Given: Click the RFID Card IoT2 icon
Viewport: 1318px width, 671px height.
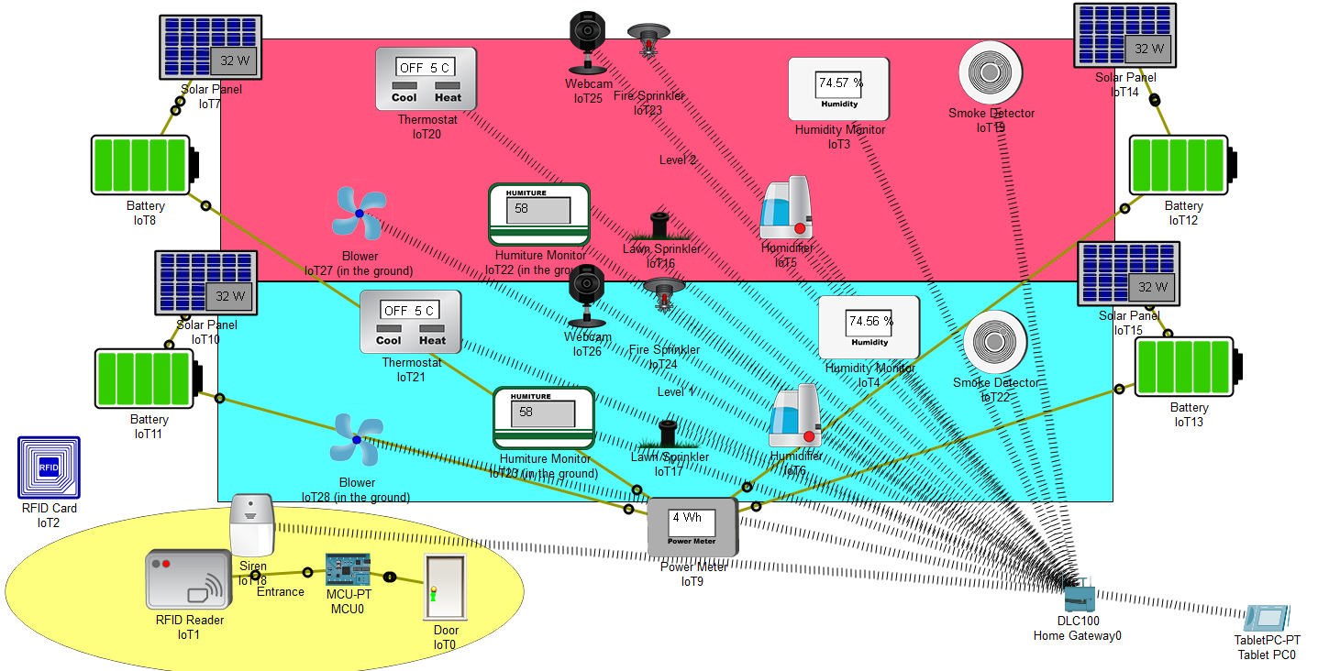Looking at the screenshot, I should pos(49,467).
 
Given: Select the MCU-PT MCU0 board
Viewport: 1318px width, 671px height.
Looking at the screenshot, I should pos(349,570).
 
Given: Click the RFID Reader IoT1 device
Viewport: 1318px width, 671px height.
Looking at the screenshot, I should pos(188,580).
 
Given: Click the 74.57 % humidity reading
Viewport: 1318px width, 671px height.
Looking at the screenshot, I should pos(840,82).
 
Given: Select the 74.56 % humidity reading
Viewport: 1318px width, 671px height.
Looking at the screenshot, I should pos(869,321).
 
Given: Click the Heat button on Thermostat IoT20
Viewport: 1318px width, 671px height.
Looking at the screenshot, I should pos(448,97).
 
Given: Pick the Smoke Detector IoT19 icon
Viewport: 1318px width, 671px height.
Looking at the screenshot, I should pos(991,72).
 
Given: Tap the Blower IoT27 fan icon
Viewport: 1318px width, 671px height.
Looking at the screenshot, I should pos(358,213).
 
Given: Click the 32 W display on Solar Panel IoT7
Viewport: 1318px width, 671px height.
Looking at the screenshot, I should pos(234,61).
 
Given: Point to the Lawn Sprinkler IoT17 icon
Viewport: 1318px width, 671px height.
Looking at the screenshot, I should pos(669,434).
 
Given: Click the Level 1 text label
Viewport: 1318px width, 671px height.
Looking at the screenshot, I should pos(676,392).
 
